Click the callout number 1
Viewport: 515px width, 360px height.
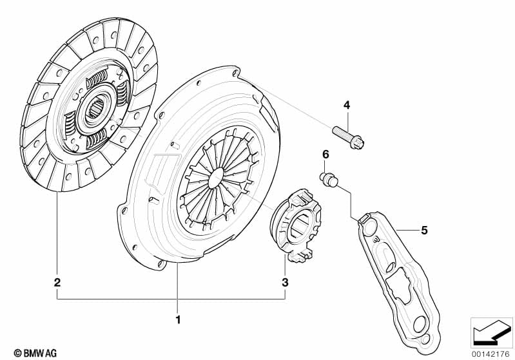click(x=179, y=319)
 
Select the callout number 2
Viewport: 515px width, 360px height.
click(x=57, y=282)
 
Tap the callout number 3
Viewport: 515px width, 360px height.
click(x=285, y=282)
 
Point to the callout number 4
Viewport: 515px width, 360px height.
click(x=347, y=106)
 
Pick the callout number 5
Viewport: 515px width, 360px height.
click(x=424, y=231)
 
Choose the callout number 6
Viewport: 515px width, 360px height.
click(x=326, y=154)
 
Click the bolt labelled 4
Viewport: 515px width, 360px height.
click(x=349, y=137)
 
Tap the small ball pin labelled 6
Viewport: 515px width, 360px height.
click(x=329, y=180)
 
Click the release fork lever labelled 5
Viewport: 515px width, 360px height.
click(x=400, y=282)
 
